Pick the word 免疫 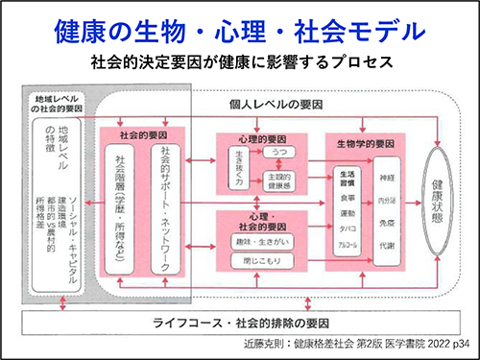coord(388,223)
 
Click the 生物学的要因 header coord(365,142)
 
